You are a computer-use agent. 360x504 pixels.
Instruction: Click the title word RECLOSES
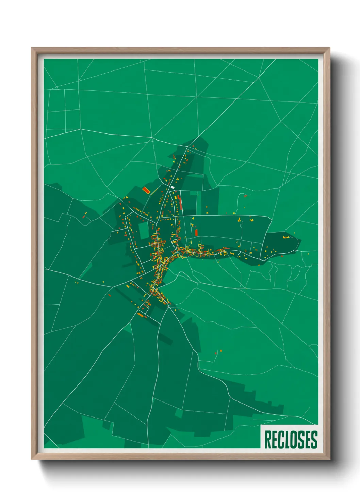coord(291,440)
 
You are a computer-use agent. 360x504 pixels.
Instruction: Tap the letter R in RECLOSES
coord(267,440)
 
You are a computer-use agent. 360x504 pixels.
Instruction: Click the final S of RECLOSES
coord(314,440)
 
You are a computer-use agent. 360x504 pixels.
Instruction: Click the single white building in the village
coord(173,187)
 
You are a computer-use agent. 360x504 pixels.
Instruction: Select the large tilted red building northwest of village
coord(146,190)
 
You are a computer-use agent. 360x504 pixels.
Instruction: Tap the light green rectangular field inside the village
coord(144,230)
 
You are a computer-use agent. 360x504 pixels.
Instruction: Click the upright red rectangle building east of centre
coord(196,233)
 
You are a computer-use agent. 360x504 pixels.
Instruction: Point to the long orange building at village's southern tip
coord(141,315)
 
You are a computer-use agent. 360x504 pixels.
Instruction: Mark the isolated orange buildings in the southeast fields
coord(218,352)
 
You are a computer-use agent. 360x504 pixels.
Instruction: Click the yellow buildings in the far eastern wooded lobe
coord(285,237)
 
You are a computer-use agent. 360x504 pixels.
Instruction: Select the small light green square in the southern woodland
coord(178,413)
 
